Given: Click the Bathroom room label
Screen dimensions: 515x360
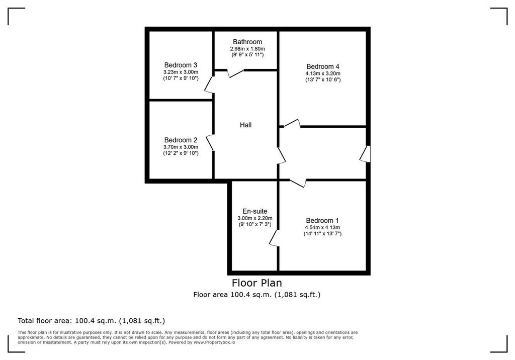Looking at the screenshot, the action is pyautogui.click(x=247, y=42).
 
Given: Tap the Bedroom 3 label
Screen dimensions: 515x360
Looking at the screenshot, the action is pyautogui.click(x=181, y=65).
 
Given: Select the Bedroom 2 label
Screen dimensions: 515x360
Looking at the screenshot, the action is pyautogui.click(x=181, y=140).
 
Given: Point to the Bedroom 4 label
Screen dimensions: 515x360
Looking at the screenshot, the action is pyautogui.click(x=323, y=66).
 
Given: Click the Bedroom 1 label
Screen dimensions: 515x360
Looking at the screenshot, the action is pyautogui.click(x=322, y=220).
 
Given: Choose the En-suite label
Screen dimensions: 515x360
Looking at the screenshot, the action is pyautogui.click(x=255, y=211).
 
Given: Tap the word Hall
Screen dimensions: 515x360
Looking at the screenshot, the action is pyautogui.click(x=245, y=125).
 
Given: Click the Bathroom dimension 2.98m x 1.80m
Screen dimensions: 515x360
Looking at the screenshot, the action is pyautogui.click(x=247, y=49).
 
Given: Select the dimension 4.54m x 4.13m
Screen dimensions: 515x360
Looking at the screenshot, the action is pyautogui.click(x=322, y=227).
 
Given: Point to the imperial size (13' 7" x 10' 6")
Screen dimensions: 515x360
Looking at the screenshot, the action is pyautogui.click(x=323, y=79).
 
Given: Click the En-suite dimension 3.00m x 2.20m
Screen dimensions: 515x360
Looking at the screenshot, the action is pyautogui.click(x=255, y=218).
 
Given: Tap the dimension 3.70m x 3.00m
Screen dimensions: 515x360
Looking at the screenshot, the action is pyautogui.click(x=181, y=147).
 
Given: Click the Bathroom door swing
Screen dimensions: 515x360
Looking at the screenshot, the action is pyautogui.click(x=236, y=73).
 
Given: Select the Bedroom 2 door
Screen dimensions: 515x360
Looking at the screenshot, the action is pyautogui.click(x=210, y=143).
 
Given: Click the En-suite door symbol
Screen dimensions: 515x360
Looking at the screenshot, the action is pyautogui.click(x=274, y=238).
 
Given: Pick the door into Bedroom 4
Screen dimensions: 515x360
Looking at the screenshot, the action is pyautogui.click(x=292, y=123).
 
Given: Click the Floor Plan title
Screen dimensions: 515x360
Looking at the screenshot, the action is pyautogui.click(x=257, y=283).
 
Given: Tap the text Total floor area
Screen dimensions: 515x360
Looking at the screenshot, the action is pyautogui.click(x=43, y=321).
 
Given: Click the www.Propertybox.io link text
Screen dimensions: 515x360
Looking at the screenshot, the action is pyautogui.click(x=214, y=342).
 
